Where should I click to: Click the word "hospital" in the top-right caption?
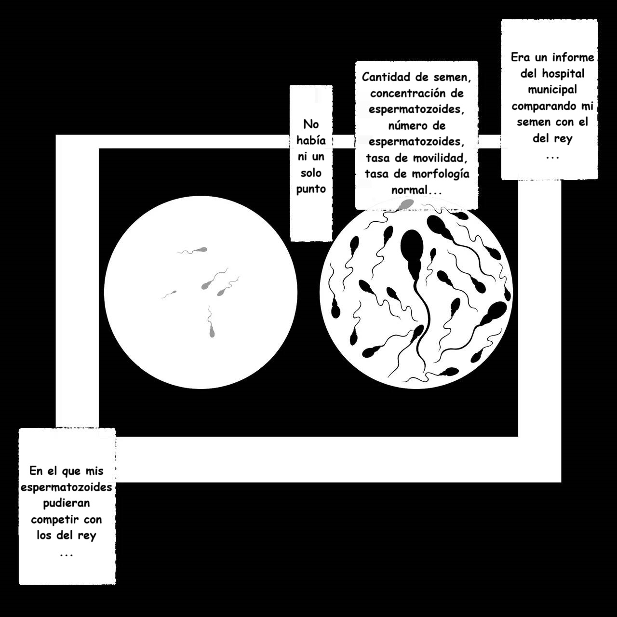pyautogui.click(x=563, y=74)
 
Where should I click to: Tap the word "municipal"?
pyautogui.click(x=552, y=90)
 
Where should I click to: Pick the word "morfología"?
pyautogui.click(x=441, y=174)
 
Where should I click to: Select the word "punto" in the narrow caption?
pyautogui.click(x=311, y=189)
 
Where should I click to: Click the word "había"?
pyautogui.click(x=311, y=140)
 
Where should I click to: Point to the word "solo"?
pyautogui.click(x=311, y=173)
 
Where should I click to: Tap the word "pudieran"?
pyautogui.click(x=66, y=503)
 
